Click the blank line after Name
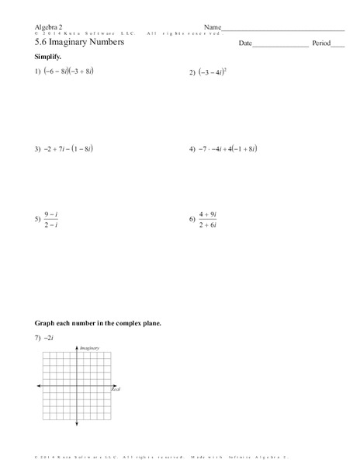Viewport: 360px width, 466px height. click(284, 29)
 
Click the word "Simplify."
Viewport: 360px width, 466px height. click(48, 58)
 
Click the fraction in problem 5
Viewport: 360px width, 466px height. click(52, 220)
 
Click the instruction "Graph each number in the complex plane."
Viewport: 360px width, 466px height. click(97, 322)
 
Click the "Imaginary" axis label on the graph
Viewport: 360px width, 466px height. click(91, 349)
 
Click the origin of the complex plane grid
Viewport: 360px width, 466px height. click(78, 385)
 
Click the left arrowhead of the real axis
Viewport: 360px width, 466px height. click(37, 385)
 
